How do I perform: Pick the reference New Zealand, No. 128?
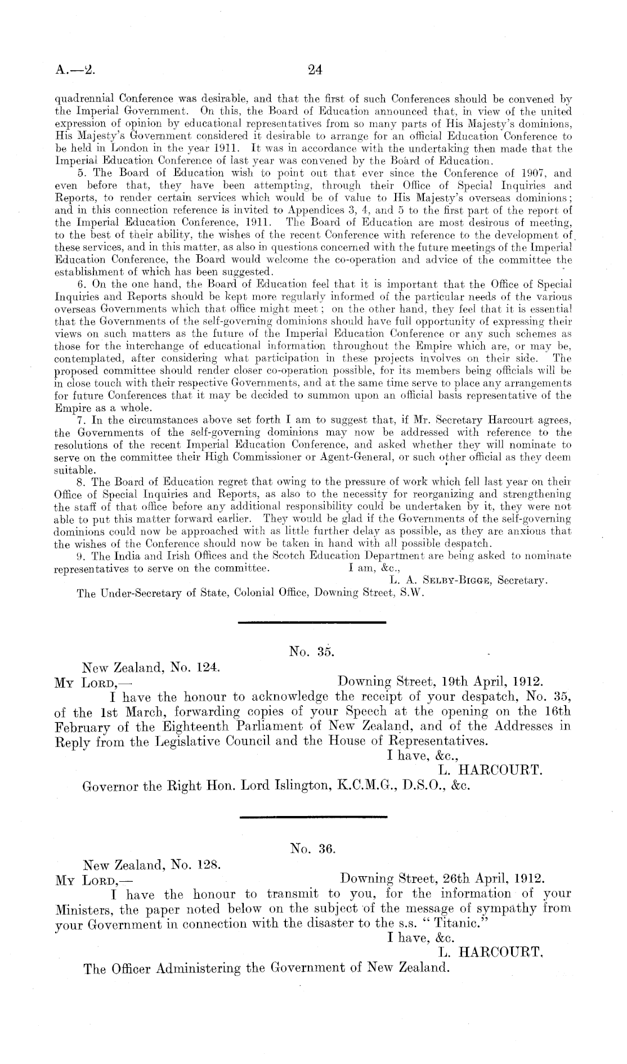(x=150, y=879)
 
